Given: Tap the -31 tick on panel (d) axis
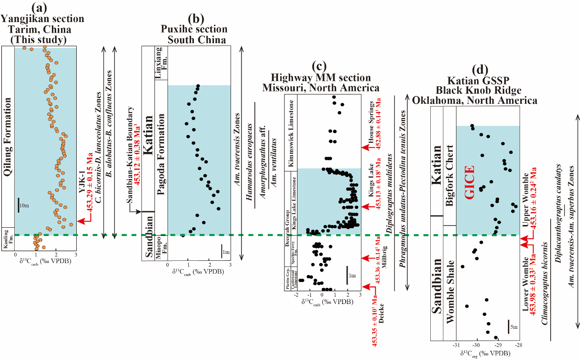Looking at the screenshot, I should [x=456, y=344].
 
